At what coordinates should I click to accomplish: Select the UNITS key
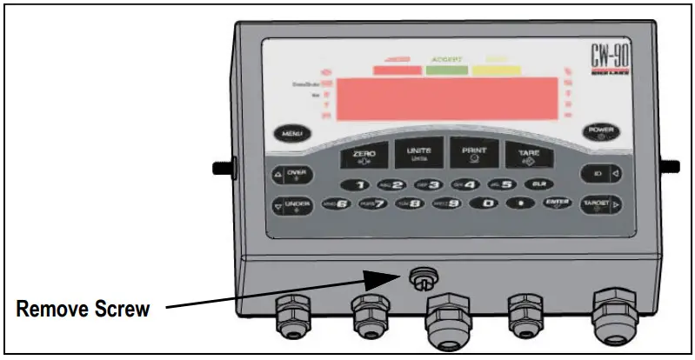418,155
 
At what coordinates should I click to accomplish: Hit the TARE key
530,155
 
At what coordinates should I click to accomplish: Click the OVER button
293,174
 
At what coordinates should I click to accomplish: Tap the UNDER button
293,207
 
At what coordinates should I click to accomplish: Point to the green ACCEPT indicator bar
446,71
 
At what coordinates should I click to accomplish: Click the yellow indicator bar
497,71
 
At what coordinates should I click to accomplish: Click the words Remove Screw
84,308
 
